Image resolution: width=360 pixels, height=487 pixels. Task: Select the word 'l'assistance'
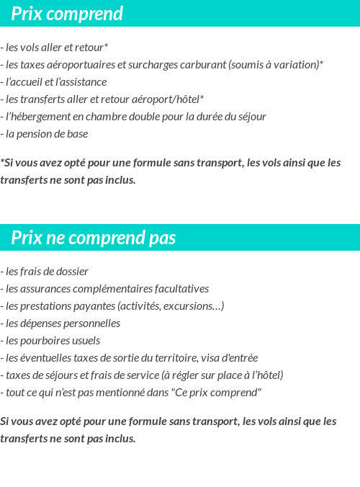click(81, 82)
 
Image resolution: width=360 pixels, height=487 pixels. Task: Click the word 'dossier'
click(71, 272)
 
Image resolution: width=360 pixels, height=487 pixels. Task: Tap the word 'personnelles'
click(91, 323)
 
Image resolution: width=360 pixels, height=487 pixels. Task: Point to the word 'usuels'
click(86, 341)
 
